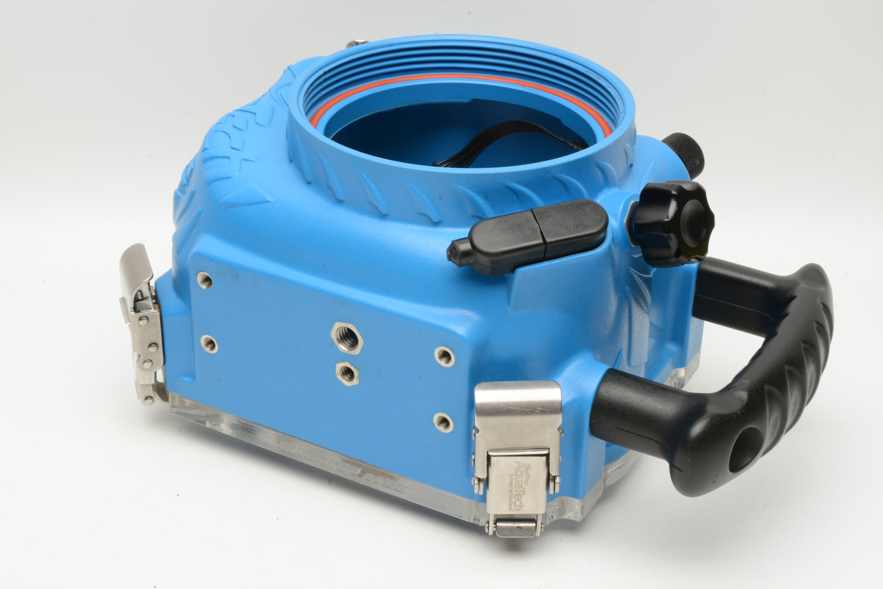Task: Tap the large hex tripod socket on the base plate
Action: tap(346, 337)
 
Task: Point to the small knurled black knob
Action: tap(684, 153)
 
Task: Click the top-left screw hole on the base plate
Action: tap(205, 281)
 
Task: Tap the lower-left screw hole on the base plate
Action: tap(209, 344)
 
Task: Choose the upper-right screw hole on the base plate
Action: tap(445, 357)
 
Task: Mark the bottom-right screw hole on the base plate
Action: tap(443, 421)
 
